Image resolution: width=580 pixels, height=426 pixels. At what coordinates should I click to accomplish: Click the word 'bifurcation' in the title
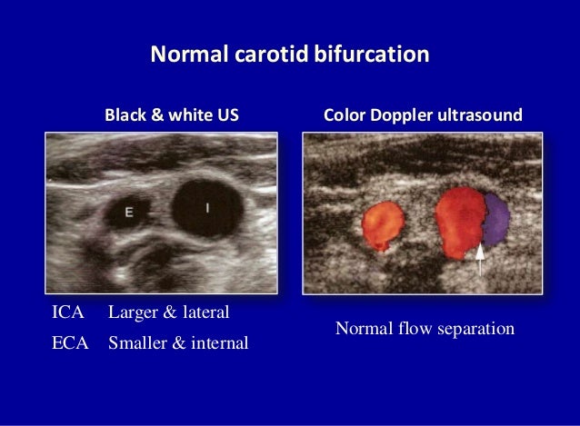373,56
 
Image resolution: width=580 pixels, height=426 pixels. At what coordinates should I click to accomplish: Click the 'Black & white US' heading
172,116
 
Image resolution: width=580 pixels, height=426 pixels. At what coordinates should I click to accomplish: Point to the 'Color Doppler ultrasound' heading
423,116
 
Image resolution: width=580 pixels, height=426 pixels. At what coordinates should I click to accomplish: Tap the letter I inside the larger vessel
207,208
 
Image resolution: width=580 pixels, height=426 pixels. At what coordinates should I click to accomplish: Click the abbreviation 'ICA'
68,313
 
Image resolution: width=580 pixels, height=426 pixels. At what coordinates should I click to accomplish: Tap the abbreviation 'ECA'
70,344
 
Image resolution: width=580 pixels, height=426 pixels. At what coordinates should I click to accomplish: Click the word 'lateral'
205,313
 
